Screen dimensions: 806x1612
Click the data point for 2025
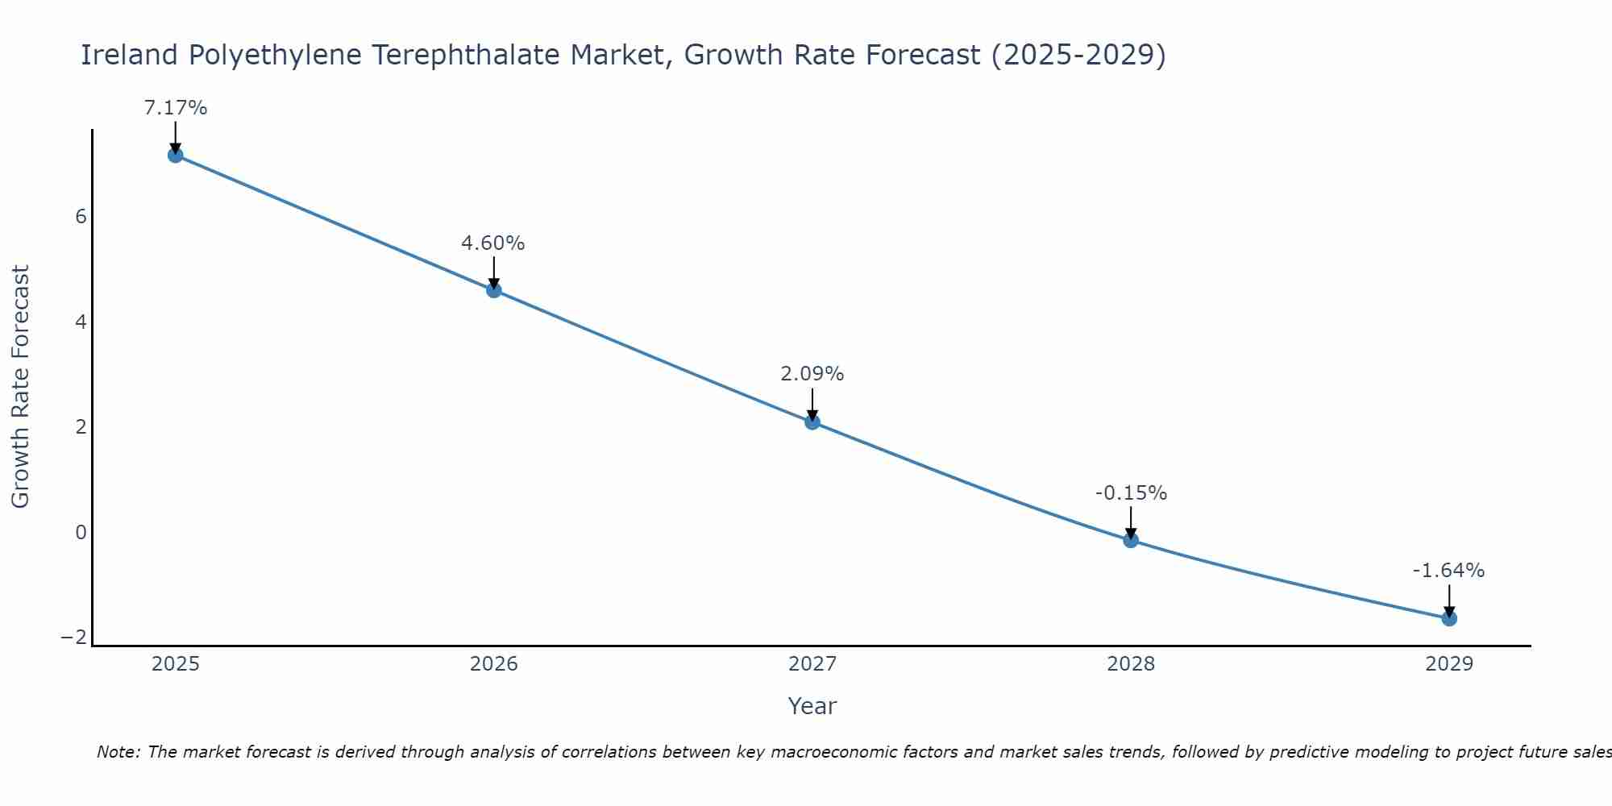tap(176, 155)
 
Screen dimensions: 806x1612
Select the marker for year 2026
tap(494, 290)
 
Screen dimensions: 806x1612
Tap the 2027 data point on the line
tap(812, 422)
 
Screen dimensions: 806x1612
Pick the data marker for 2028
tap(1131, 540)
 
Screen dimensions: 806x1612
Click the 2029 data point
tap(1449, 618)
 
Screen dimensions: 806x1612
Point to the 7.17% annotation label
tap(176, 108)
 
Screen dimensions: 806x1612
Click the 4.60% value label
tap(493, 243)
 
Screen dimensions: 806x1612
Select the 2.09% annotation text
tap(812, 374)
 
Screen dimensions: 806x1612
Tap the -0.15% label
tap(1131, 493)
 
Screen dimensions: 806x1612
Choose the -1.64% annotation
tap(1448, 571)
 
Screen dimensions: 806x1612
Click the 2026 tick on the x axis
tap(494, 664)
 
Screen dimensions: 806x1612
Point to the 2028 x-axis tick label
tap(1131, 664)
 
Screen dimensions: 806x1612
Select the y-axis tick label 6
tap(81, 217)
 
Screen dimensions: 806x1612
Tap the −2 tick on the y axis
tap(74, 638)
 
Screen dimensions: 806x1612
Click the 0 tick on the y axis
tap(81, 533)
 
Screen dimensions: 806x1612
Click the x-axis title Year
tap(812, 706)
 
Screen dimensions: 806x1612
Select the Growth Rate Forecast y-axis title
tap(20, 387)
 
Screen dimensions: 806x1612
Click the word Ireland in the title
tap(129, 55)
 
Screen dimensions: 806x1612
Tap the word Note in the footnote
tap(118, 752)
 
